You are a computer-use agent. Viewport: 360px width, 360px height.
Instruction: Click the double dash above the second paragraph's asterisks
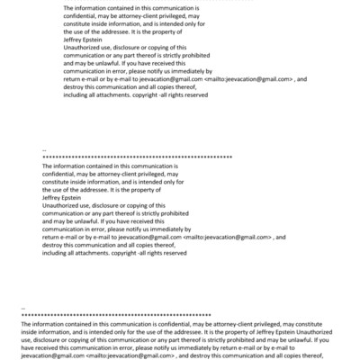(x=44, y=149)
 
